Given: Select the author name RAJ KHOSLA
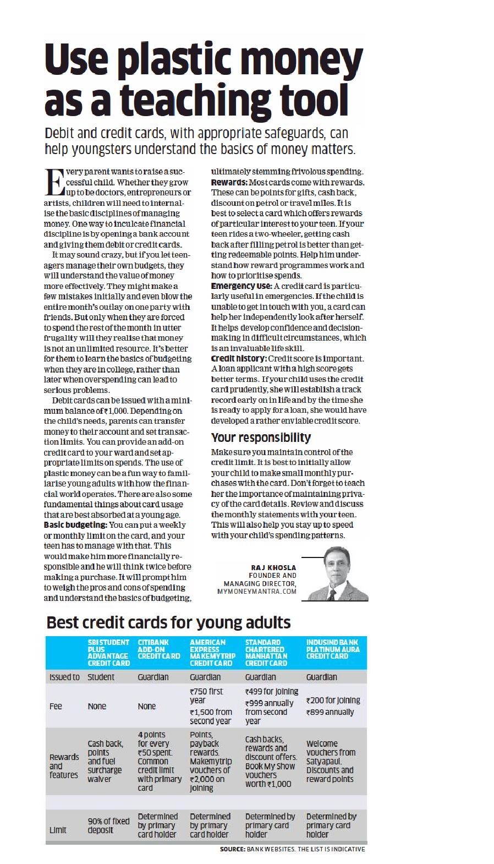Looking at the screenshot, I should coord(273,567).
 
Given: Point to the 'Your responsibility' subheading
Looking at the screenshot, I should coord(261,438).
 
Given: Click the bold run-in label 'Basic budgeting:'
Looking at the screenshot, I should coord(75,525).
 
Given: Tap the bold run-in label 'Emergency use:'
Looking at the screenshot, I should coord(241,286).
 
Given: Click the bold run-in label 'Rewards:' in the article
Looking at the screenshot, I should coord(229,182).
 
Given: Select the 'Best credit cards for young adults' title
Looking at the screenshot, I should coord(168,622).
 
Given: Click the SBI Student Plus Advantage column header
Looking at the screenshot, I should coord(108,652).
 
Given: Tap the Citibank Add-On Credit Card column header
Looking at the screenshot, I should coord(159,649).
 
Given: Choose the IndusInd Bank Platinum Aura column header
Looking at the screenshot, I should coord(333,649).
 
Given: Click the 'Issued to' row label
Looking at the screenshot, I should coord(64,677).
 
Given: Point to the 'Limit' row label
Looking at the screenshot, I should coord(58,830).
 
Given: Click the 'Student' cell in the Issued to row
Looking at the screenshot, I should coord(101,677).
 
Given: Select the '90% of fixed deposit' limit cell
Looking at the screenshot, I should coord(108,825).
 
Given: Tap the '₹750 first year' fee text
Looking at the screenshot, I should coord(206,696).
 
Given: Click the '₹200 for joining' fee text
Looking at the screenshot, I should coord(333,700).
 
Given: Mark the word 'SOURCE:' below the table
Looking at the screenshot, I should coord(232,849).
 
